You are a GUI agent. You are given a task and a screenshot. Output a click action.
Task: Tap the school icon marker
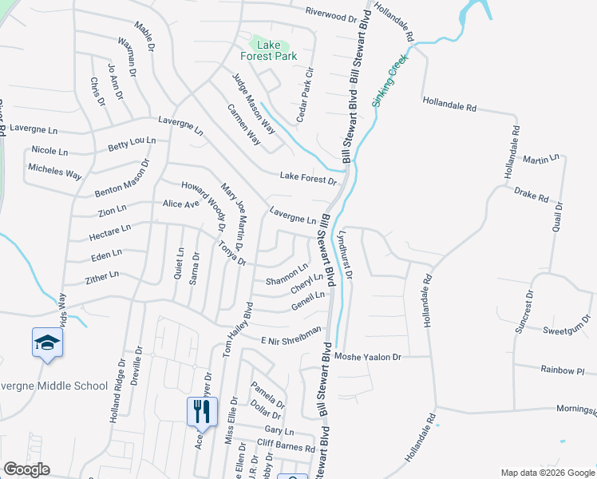[47, 343]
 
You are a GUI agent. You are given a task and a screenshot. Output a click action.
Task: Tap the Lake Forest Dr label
[309, 179]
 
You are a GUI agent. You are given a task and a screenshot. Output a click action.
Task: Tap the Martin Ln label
[541, 160]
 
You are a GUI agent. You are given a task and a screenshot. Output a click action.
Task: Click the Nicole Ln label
[50, 150]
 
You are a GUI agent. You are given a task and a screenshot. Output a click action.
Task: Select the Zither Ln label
[102, 276]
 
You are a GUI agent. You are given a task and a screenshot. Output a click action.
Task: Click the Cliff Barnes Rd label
[286, 444]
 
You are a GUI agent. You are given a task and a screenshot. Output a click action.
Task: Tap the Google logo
[26, 469]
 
